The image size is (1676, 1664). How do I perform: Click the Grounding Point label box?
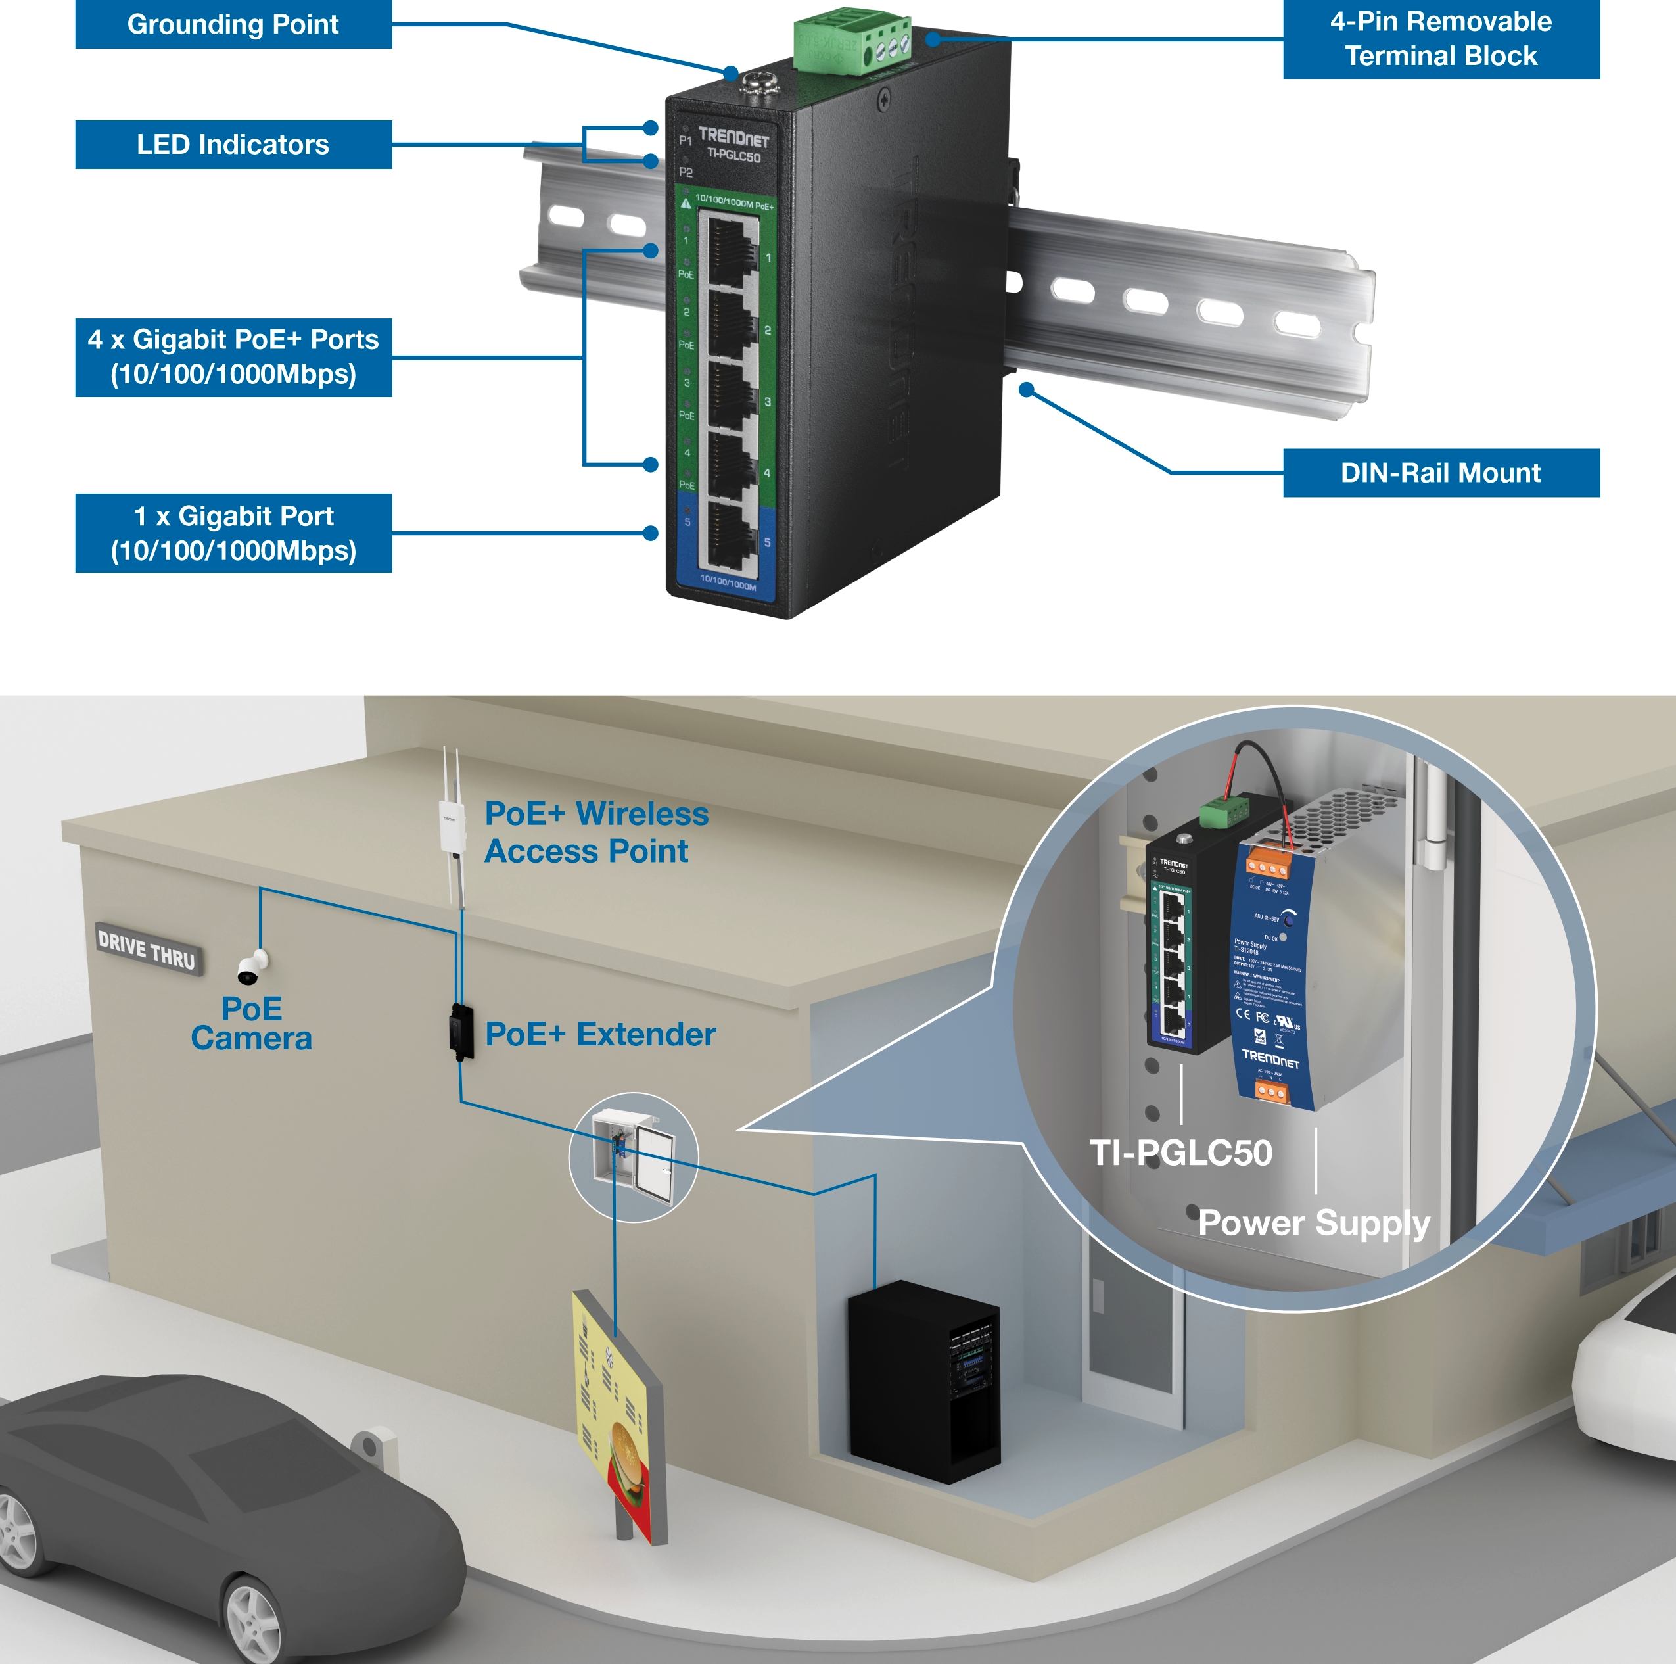(233, 24)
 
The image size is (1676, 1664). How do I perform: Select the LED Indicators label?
(233, 144)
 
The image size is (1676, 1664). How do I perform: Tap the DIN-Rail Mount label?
(1440, 473)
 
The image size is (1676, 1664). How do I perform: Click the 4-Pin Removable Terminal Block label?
(1440, 39)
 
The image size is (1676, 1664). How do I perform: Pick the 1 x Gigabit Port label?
(233, 533)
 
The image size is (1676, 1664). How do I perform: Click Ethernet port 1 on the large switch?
(729, 252)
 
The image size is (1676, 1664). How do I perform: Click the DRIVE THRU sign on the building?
(147, 948)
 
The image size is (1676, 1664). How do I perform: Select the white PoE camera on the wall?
(252, 966)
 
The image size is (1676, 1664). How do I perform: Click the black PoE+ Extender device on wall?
(461, 1032)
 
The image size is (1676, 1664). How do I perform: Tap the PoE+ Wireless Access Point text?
(596, 832)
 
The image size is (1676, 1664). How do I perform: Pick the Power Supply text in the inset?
(1313, 1222)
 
